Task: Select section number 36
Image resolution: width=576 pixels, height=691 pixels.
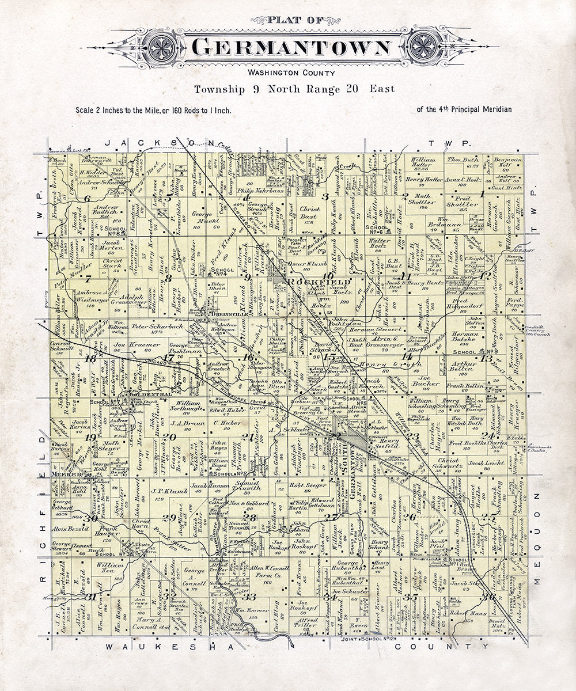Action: (490, 596)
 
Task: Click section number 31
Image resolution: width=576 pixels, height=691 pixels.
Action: (90, 597)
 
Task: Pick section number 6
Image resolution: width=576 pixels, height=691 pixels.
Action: (88, 199)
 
